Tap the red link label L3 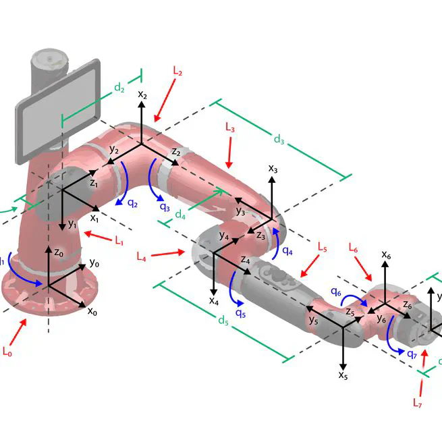(229, 127)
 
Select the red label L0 (7, 352)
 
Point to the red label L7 (418, 403)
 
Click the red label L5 (322, 248)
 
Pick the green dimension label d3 (279, 139)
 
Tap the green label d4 (180, 215)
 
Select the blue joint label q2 (133, 203)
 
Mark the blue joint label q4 (287, 250)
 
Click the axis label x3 (273, 168)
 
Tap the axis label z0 (59, 253)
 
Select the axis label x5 (343, 375)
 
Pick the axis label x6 (386, 254)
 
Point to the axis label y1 (72, 225)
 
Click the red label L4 (141, 256)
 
